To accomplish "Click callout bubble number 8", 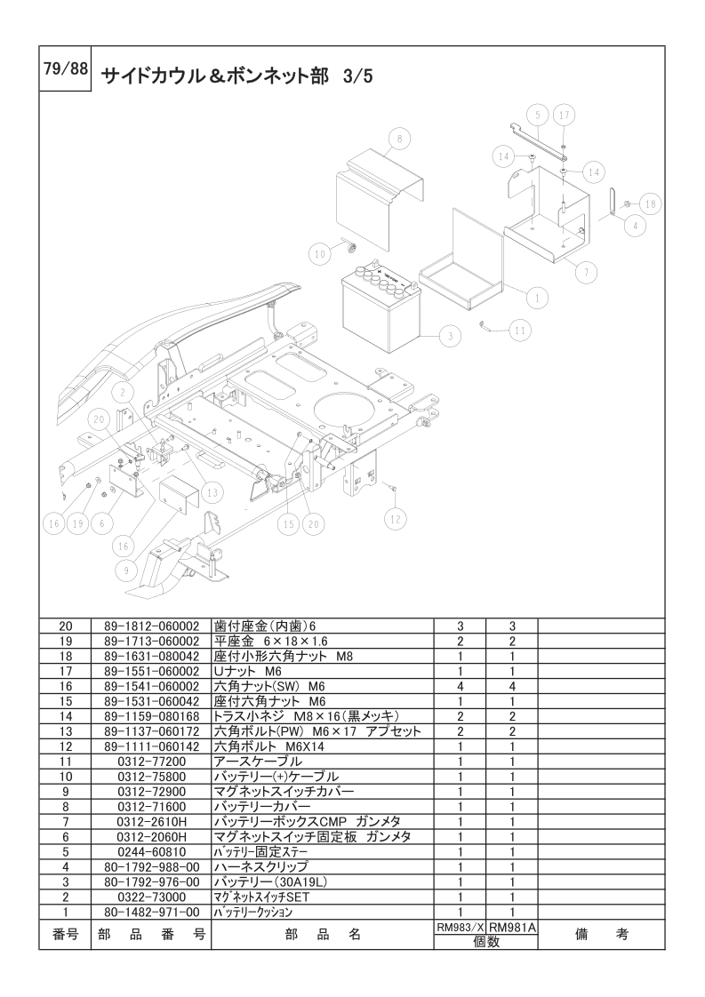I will coord(399,139).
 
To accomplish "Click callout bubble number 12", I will coord(396,518).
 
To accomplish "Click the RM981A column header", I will coord(512,927).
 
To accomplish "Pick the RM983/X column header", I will coord(460,927).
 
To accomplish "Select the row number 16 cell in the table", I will coord(66,685).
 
